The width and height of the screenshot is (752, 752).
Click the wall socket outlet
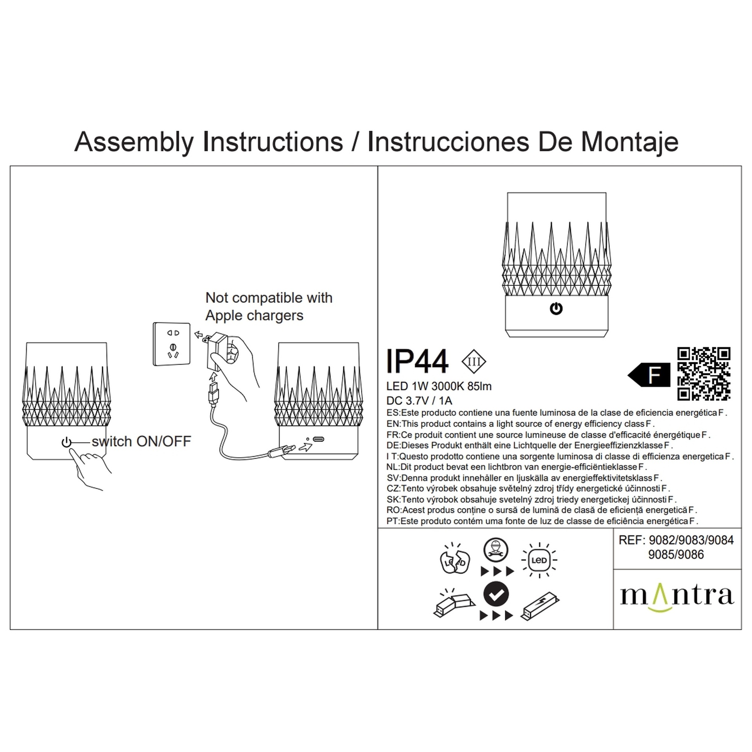click(172, 344)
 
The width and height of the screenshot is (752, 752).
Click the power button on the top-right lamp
click(556, 309)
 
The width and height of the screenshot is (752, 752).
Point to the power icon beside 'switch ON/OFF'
click(67, 443)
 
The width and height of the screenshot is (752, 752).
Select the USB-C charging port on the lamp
click(318, 439)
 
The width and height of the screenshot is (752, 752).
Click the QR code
click(704, 374)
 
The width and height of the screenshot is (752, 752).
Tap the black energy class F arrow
click(649, 375)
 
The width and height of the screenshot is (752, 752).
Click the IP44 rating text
click(417, 361)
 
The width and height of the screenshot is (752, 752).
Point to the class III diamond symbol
click(474, 362)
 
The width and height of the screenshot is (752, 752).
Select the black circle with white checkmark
click(496, 595)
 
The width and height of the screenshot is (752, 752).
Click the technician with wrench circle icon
click(496, 550)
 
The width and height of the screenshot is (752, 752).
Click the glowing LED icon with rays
click(539, 560)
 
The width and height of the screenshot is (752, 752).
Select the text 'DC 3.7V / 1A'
click(419, 401)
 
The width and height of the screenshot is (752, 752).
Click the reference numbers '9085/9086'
click(676, 555)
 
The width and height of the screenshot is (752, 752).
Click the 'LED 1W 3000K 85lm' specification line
click(439, 386)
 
